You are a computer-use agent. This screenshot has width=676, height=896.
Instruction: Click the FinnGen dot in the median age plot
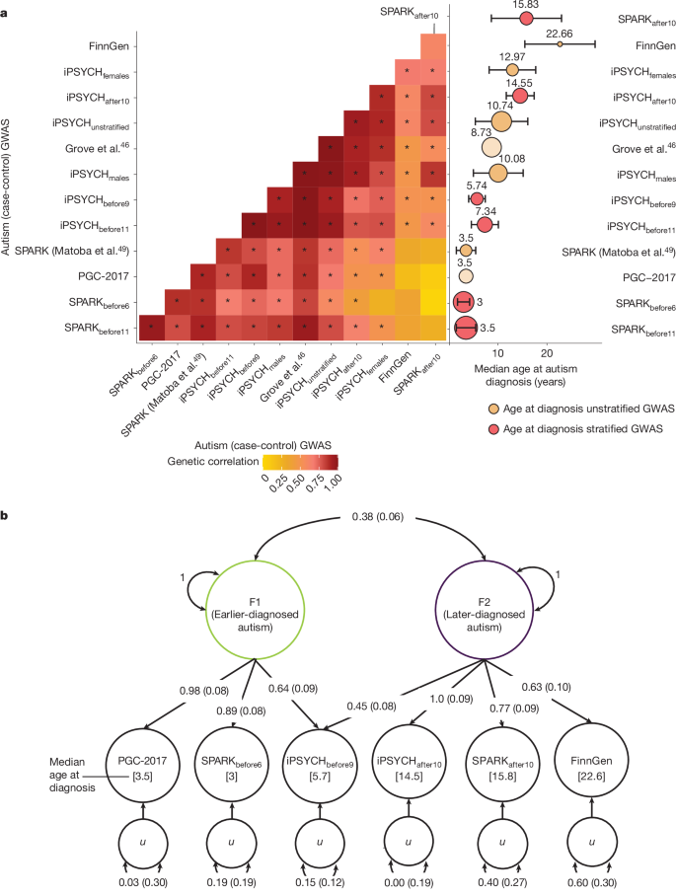(560, 43)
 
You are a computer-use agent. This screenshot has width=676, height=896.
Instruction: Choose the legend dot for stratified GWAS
(492, 429)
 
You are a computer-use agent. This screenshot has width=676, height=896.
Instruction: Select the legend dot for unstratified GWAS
(492, 408)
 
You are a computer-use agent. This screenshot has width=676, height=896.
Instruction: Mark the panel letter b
(7, 516)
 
